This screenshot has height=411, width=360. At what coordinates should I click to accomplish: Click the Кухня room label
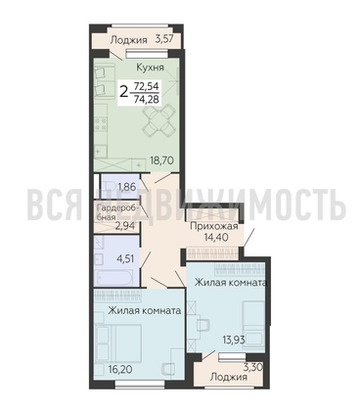pos(150,68)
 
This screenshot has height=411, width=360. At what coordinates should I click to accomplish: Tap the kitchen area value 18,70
pos(161,160)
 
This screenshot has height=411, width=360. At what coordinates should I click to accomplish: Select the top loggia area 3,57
pos(164,40)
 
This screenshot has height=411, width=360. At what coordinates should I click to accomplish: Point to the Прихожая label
pos(214,226)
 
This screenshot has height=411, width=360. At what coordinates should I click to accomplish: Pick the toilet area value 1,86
pos(126,187)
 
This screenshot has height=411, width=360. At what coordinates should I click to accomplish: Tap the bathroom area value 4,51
pos(126,260)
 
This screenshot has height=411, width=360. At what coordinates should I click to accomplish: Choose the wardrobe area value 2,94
pos(125,226)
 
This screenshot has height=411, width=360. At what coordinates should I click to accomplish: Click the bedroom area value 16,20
pos(120,370)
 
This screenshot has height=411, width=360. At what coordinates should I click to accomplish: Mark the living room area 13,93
pos(234,341)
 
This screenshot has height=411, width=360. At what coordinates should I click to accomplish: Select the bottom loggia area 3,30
pos(253,368)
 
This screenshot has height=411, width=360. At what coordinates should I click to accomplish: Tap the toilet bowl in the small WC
pos(108,187)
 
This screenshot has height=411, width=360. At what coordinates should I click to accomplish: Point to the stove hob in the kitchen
pos(101,124)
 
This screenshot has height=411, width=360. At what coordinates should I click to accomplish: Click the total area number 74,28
pos(147,99)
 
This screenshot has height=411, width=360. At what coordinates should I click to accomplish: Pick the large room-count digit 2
pos(124,92)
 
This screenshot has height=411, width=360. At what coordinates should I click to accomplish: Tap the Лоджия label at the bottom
pos(228,378)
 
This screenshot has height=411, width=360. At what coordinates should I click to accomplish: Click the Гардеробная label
pos(115,212)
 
